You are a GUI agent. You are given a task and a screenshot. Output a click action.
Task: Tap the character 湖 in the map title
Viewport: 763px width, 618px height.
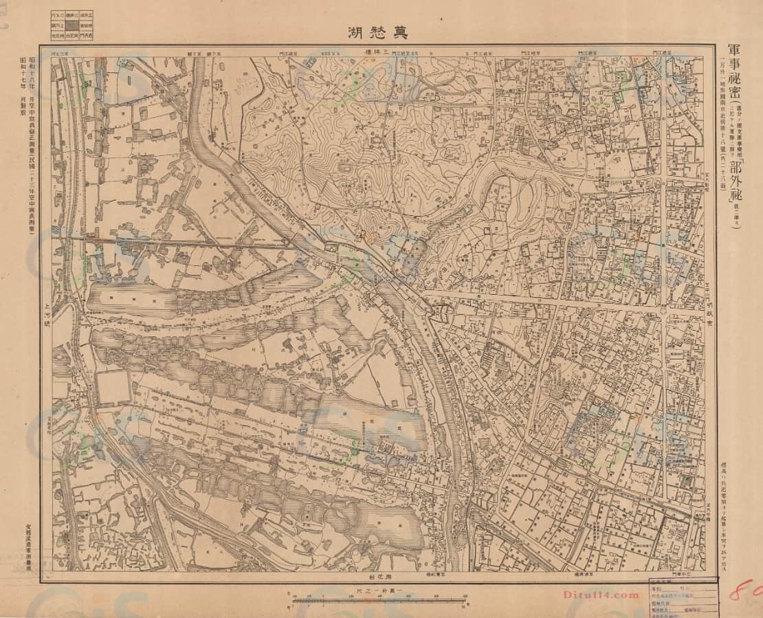click(x=354, y=31)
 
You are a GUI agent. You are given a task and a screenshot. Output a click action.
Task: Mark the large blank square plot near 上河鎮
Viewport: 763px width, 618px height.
click(x=113, y=388)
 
